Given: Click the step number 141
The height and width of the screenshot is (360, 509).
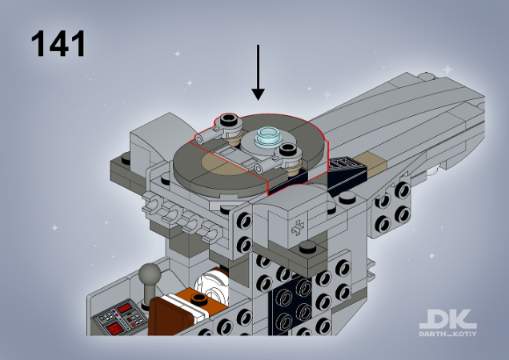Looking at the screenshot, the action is [x=58, y=43].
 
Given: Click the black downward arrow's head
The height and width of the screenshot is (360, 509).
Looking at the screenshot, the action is [x=258, y=94].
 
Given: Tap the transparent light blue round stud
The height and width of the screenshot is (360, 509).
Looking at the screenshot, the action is [x=268, y=137].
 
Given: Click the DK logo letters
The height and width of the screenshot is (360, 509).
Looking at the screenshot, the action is [x=448, y=319].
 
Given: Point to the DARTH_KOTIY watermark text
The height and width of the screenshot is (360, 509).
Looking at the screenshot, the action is [x=447, y=334].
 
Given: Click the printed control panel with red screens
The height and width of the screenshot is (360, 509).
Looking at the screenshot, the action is [x=120, y=318].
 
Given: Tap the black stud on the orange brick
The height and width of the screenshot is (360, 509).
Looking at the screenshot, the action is [x=198, y=298].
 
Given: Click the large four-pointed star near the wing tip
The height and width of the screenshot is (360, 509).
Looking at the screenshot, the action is [x=447, y=69].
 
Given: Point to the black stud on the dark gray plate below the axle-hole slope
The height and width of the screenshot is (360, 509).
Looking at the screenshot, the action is [x=308, y=247].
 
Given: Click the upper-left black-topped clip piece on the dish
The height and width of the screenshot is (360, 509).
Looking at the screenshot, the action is [x=229, y=122].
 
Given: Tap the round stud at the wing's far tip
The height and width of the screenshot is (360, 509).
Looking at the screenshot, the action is [x=428, y=77].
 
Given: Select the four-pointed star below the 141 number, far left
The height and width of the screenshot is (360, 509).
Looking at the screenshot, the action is [x=54, y=227].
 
